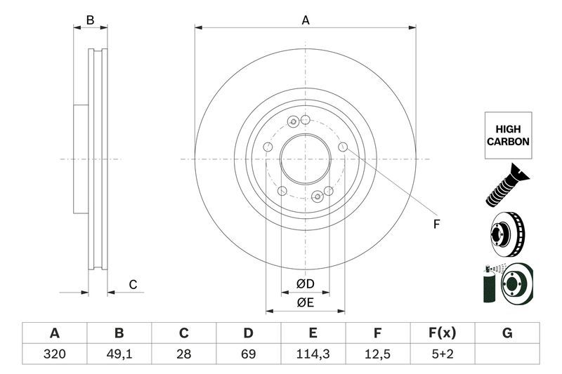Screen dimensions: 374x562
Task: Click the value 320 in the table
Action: [x=54, y=354]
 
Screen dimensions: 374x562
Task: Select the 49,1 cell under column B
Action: [x=119, y=354]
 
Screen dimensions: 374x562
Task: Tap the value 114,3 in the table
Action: [x=313, y=354]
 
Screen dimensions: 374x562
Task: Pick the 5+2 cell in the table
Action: [x=443, y=354]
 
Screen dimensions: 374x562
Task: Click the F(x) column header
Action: [x=443, y=333]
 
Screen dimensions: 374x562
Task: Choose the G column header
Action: [x=507, y=333]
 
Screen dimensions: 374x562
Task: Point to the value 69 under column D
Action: [x=248, y=354]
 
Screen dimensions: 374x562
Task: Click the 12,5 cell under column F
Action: [x=378, y=354]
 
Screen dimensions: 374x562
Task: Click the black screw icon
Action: [x=506, y=185]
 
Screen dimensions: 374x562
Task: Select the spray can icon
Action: [x=489, y=286]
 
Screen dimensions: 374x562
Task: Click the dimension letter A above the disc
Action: [x=306, y=20]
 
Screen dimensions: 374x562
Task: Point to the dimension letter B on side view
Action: [x=90, y=20]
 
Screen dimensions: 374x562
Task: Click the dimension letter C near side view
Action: [x=132, y=284]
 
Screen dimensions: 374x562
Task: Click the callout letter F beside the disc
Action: [x=436, y=225]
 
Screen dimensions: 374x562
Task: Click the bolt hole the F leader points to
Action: [x=343, y=147]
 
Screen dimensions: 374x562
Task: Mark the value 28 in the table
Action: [x=183, y=354]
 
